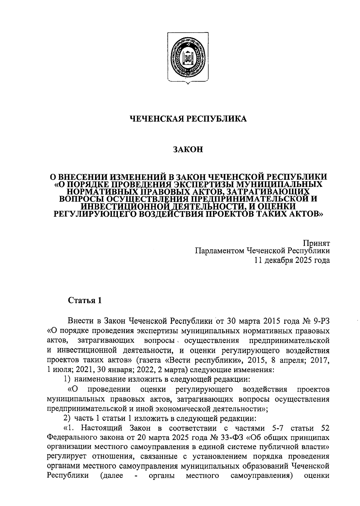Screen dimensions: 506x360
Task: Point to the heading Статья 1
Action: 85,300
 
